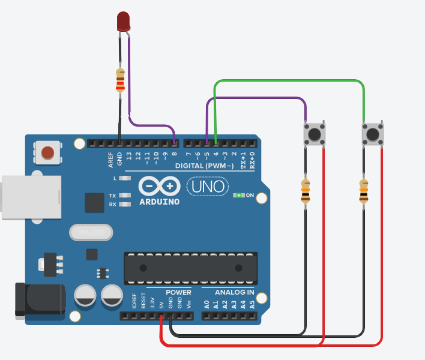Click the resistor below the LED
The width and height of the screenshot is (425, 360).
coord(121,80)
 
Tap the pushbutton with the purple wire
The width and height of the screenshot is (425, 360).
coord(315,133)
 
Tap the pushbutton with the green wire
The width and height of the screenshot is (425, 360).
coord(372,133)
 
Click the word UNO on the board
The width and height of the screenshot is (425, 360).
coord(208,187)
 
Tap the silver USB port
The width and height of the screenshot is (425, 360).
coord(30,197)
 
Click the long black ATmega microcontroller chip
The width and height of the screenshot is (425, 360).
coord(190,268)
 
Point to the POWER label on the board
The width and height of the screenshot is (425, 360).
coord(178,293)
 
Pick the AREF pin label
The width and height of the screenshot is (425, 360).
coord(110,160)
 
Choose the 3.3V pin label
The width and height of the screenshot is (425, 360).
coord(152,302)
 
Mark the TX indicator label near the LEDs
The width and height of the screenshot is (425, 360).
coord(112,196)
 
